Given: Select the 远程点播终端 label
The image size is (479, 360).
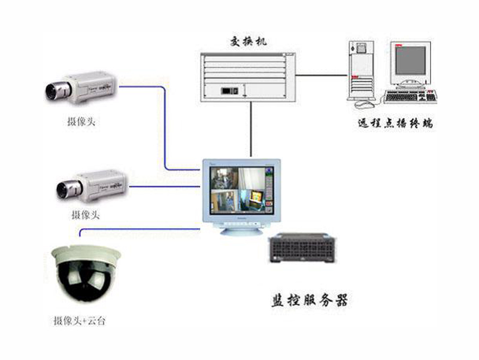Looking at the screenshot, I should tap(395, 124).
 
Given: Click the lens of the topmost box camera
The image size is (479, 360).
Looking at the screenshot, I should tap(53, 91).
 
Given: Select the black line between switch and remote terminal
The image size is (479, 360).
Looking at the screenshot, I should tap(322, 75).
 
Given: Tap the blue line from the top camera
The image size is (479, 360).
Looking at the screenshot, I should tap(163, 126).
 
